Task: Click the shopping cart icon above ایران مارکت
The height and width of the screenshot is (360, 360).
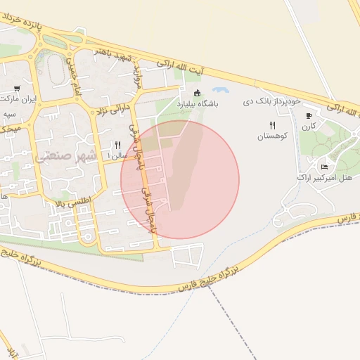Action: (x=15, y=89)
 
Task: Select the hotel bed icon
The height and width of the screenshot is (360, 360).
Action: (x=323, y=167)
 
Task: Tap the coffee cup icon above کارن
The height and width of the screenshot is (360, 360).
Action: (x=308, y=115)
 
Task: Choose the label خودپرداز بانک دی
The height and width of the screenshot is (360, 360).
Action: (x=276, y=102)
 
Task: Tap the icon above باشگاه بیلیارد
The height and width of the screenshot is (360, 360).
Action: (x=196, y=93)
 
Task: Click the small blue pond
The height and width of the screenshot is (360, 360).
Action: (x=220, y=91)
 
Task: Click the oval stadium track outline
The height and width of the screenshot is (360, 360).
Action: (x=56, y=67)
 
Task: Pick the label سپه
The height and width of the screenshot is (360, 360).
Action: (x=9, y=113)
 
